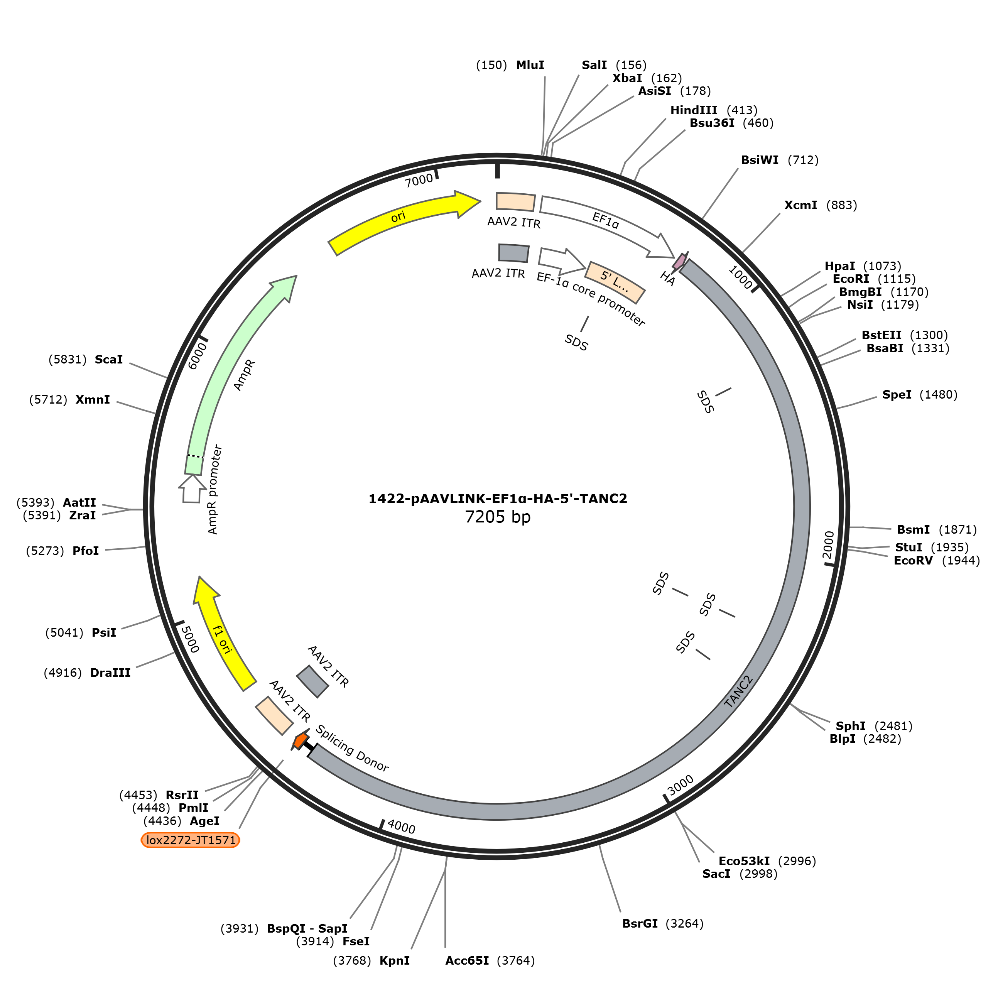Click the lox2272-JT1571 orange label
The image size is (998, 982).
pos(190,840)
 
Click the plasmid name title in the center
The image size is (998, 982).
pos(498,499)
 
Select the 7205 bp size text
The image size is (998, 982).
pos(498,517)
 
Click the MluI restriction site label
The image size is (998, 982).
pos(530,65)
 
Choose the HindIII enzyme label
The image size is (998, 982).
pos(694,110)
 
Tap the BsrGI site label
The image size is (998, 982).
pos(640,923)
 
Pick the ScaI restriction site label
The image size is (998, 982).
pos(109,360)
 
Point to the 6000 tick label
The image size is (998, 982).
pos(197,356)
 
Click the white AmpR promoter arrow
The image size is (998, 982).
pos(191,488)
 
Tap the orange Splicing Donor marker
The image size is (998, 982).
pos(300,740)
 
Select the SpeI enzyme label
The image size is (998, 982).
pos(897,395)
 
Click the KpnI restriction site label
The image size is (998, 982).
pos(395,960)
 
